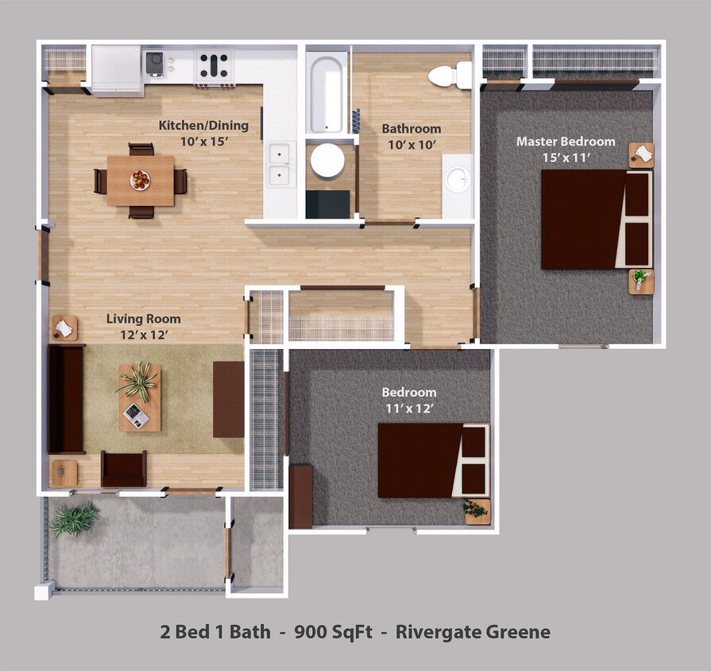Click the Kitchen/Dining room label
203,125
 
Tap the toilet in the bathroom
449,76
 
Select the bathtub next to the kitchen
326,91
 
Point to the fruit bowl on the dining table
141,180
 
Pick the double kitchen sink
280,165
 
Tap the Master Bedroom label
566,142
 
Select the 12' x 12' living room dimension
144,335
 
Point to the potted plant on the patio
75,520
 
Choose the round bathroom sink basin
458,180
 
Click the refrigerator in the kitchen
116,69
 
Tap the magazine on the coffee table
135,414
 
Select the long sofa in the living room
66,398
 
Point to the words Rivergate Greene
473,633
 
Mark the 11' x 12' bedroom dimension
409,409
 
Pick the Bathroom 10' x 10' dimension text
412,145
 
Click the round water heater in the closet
327,161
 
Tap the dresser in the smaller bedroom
300,497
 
